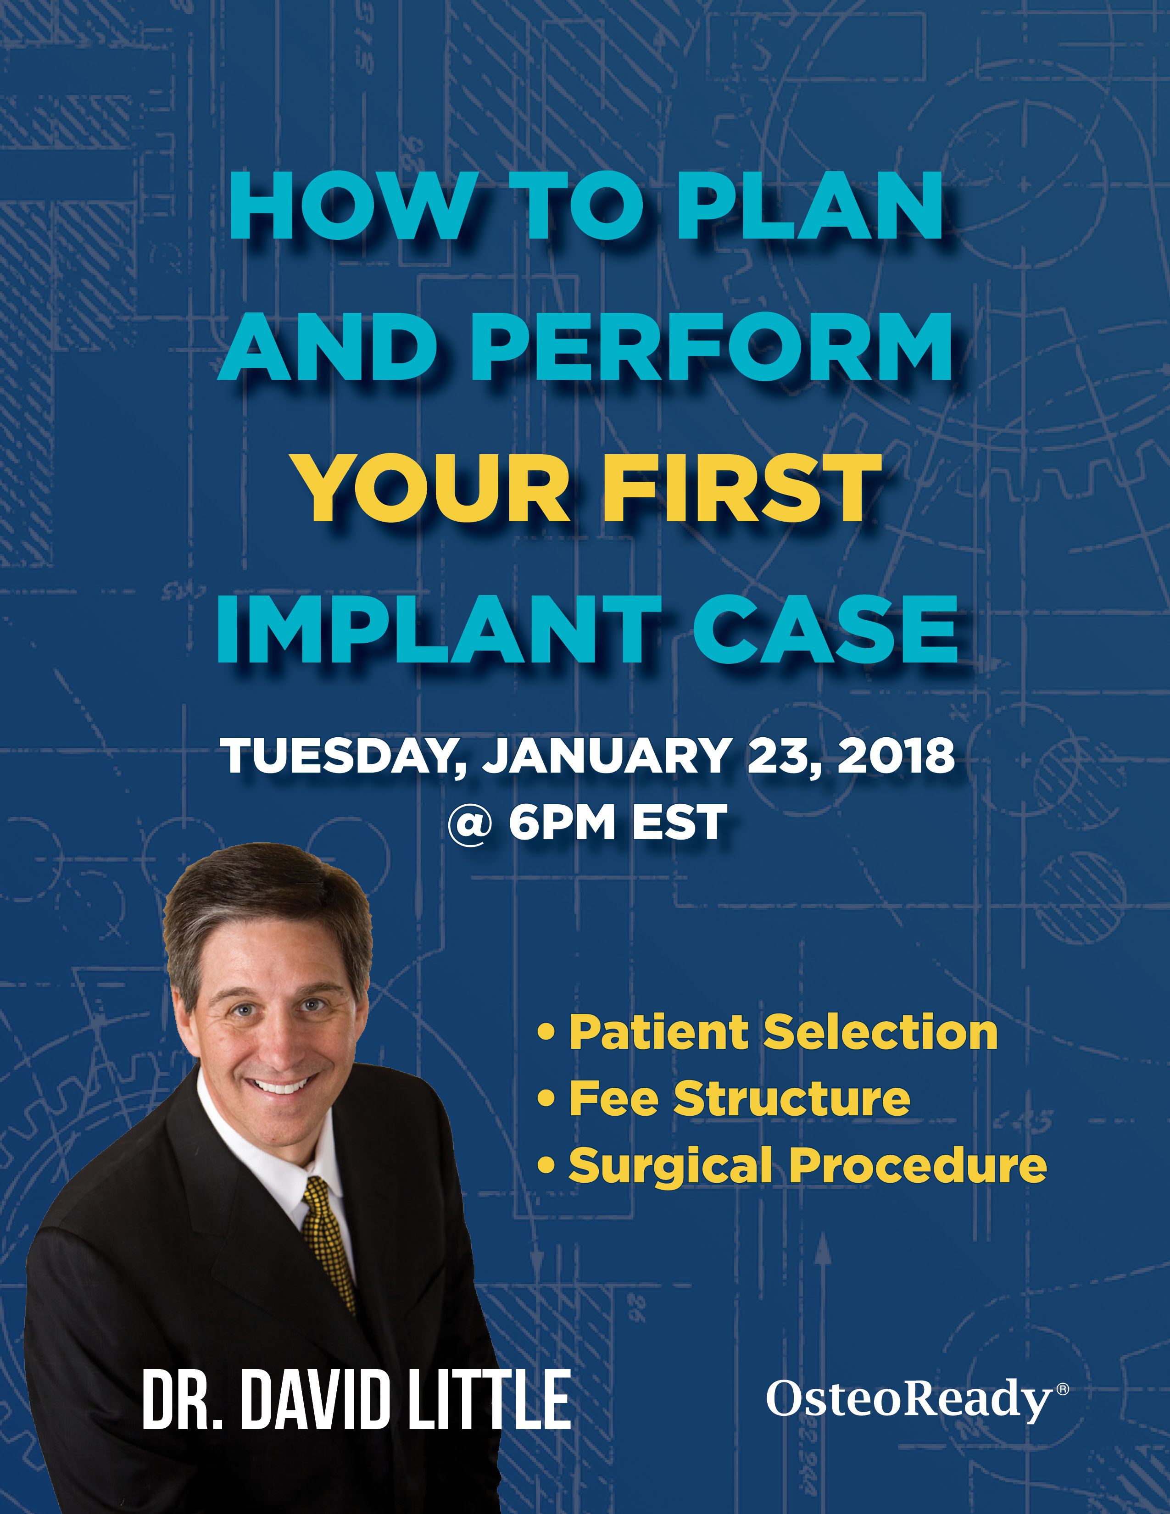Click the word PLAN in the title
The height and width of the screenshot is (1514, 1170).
tap(809, 206)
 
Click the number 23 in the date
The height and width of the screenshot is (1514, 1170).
tap(783, 756)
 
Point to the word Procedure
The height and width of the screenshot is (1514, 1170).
tap(918, 1165)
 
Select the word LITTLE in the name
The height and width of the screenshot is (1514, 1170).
tap(489, 1398)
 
